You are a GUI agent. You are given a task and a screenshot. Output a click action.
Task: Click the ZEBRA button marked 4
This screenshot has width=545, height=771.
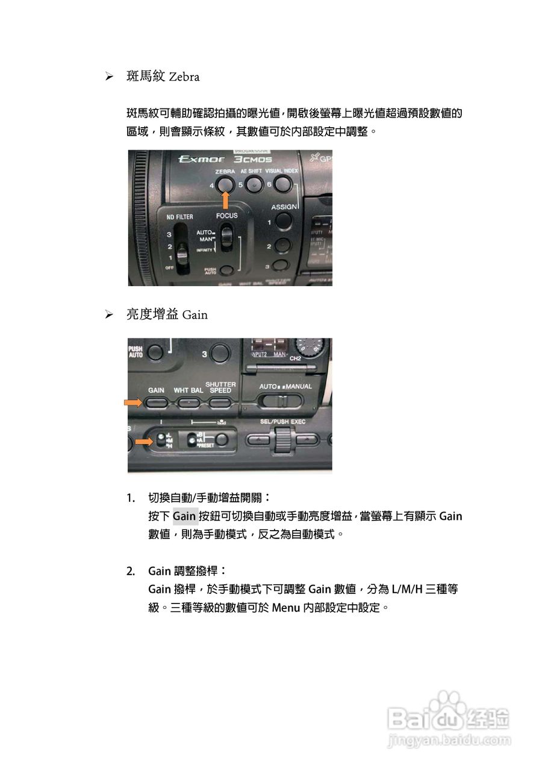tap(226, 185)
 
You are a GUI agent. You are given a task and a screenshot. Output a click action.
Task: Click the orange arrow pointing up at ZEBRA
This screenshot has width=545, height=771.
tap(226, 201)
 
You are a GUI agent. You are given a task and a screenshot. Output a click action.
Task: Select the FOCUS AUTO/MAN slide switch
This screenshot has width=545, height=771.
tap(226, 238)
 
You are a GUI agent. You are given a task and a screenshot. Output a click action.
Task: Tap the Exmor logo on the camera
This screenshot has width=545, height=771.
tap(202, 160)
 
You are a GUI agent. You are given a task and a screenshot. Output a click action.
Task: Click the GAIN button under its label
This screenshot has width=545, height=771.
tap(156, 403)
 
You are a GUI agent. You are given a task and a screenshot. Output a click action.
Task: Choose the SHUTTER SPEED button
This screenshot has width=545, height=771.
tap(220, 403)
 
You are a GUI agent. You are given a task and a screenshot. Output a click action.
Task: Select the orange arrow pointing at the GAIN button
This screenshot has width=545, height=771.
tap(134, 402)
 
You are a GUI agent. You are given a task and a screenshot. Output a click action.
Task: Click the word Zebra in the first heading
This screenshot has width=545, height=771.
tap(184, 77)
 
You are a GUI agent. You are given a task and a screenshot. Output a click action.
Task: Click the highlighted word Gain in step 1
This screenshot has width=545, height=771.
tap(185, 516)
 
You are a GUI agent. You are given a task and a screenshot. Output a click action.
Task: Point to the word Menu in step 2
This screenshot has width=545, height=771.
tap(285, 607)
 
